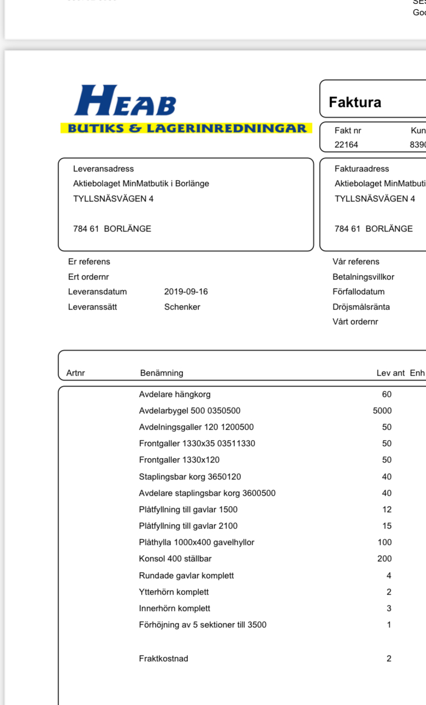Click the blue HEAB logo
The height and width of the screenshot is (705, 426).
(x=126, y=101)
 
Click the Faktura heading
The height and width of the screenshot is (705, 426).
(x=355, y=102)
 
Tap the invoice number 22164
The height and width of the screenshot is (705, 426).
(x=346, y=145)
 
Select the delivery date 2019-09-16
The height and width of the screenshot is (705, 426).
(x=186, y=292)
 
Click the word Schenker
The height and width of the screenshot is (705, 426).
(x=182, y=307)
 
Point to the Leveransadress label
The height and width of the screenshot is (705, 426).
(x=103, y=169)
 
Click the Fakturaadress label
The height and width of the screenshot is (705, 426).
(x=362, y=169)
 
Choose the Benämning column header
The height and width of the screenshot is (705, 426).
(x=162, y=373)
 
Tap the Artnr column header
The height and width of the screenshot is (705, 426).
(x=76, y=373)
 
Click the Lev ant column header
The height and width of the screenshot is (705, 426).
(x=390, y=373)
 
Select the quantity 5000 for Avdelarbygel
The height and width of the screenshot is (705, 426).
(x=382, y=411)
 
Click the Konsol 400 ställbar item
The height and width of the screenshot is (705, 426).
(x=175, y=559)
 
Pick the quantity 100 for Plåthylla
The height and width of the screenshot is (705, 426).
(x=384, y=542)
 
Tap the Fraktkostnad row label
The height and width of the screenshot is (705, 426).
(x=163, y=659)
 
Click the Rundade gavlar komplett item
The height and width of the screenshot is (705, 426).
(x=186, y=576)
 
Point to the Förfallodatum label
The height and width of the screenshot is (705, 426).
(x=358, y=292)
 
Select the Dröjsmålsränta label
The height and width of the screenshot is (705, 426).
(x=361, y=307)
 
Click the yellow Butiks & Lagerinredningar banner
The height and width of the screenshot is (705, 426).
(x=186, y=128)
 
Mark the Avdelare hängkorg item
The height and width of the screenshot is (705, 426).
(x=175, y=394)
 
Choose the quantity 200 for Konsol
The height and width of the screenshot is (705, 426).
(x=384, y=559)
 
